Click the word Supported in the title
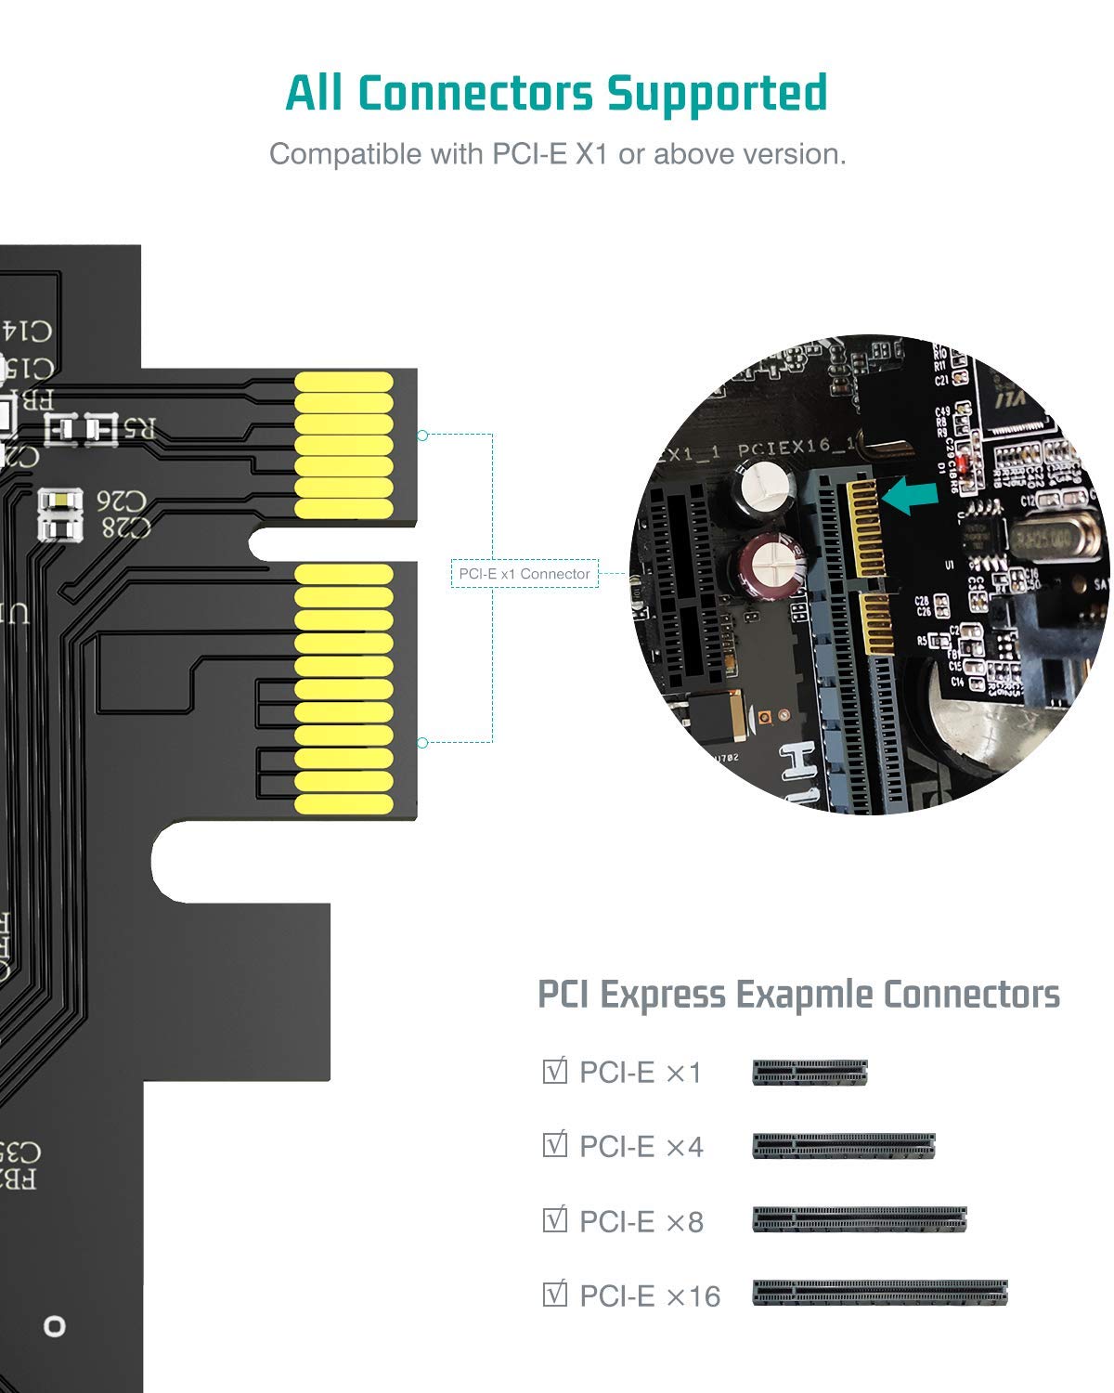[x=716, y=94]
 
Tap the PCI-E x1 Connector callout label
[x=525, y=574]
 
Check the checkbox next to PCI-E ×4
[x=554, y=1144]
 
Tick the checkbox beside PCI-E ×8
[x=554, y=1218]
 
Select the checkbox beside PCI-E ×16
[x=554, y=1293]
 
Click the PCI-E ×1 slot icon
[x=810, y=1073]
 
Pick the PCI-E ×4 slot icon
[x=843, y=1146]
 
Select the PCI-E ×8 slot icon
[x=859, y=1219]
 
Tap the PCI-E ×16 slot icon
[x=879, y=1293]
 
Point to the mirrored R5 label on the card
[x=139, y=429]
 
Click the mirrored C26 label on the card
[x=122, y=502]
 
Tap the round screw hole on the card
[x=55, y=1326]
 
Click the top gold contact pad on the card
[x=344, y=382]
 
